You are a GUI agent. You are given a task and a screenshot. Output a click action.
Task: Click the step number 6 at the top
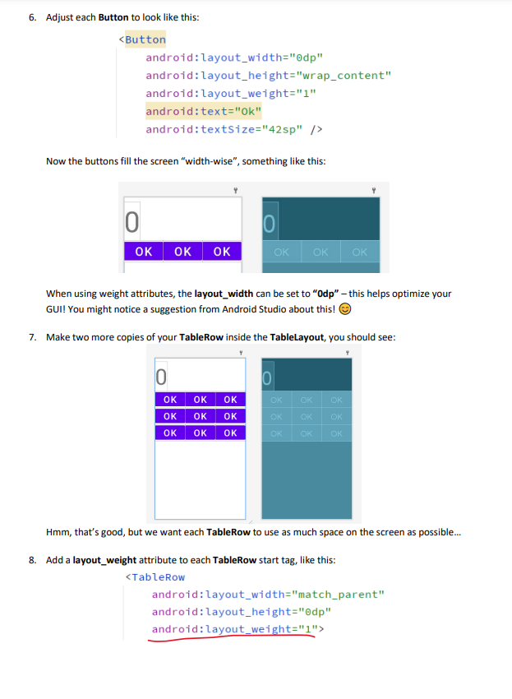tap(31, 17)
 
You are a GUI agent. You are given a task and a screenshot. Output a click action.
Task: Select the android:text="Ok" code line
tap(203, 111)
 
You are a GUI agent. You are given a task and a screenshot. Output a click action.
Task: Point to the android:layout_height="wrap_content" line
tap(268, 76)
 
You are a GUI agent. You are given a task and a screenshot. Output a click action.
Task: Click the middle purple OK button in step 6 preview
tap(182, 252)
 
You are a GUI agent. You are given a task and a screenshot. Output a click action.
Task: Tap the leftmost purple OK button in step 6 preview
tap(143, 252)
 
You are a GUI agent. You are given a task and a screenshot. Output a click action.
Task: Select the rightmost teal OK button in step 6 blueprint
tap(359, 252)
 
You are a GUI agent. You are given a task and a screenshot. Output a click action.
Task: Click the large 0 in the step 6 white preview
tap(131, 221)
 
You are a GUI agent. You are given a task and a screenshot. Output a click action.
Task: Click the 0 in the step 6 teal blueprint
tap(270, 223)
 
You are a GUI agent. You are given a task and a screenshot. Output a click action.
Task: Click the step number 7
tap(31, 336)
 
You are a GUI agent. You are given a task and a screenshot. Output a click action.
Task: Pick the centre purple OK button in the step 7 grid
tap(200, 416)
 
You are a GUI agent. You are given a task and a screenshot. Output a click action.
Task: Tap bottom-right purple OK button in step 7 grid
tap(230, 433)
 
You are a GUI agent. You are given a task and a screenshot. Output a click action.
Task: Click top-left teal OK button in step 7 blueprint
tap(277, 400)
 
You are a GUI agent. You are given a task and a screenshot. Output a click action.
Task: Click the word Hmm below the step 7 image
tap(59, 532)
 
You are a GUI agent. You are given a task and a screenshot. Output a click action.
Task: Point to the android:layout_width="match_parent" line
tap(268, 595)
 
